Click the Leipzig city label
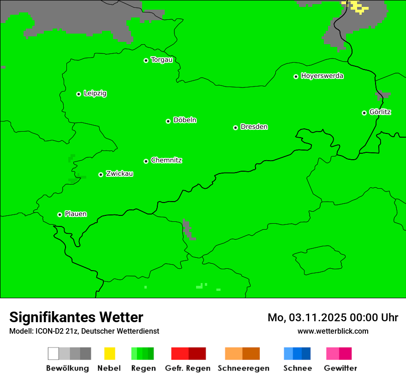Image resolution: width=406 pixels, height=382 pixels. (x=95, y=93)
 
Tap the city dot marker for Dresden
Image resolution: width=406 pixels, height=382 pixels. (x=235, y=127)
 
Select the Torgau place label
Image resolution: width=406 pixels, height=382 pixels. (x=161, y=60)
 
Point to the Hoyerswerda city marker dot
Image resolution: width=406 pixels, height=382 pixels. (x=296, y=76)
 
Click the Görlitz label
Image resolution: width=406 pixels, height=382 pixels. (x=380, y=112)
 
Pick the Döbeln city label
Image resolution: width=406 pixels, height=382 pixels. (x=185, y=120)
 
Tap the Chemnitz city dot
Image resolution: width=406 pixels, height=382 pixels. (x=146, y=161)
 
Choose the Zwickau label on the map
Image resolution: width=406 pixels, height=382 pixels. (x=119, y=174)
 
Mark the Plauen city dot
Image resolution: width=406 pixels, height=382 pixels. (x=60, y=214)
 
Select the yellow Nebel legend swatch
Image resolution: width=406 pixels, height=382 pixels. (x=109, y=353)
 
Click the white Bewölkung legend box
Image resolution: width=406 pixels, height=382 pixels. (x=54, y=353)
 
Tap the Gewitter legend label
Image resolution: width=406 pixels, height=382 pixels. (x=340, y=368)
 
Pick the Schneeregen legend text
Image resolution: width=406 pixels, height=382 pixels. (x=243, y=368)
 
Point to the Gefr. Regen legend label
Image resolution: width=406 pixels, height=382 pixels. (x=187, y=368)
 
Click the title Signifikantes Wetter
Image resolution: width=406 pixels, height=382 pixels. (x=76, y=317)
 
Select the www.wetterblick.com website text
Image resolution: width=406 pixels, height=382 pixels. (x=333, y=331)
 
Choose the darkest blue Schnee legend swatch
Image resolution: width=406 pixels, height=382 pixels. (x=306, y=353)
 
